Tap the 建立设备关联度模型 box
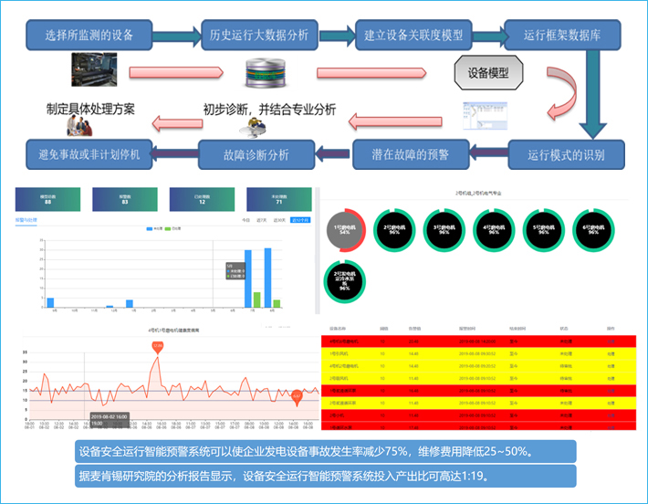414,37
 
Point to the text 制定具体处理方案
91,109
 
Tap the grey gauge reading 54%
345,229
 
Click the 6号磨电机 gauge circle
593,229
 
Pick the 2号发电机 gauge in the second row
345,279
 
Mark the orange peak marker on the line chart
156,346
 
